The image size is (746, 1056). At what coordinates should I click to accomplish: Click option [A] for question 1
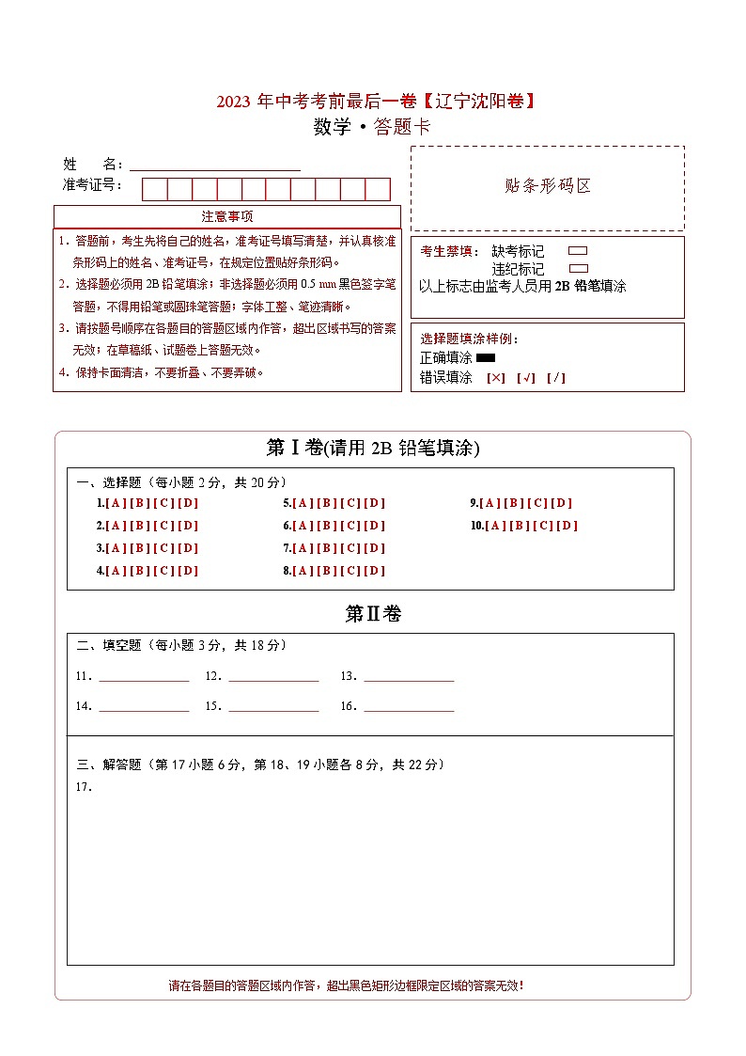point(117,503)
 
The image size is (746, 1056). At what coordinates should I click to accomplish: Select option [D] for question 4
point(188,571)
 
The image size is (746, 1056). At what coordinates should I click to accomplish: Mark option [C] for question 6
point(350,527)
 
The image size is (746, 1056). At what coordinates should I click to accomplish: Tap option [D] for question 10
point(567,526)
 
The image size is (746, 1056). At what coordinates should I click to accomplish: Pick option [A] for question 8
point(303,571)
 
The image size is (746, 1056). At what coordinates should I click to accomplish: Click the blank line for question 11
point(144,676)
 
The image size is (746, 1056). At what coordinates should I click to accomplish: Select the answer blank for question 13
point(409,676)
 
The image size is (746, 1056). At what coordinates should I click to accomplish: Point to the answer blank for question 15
point(273,706)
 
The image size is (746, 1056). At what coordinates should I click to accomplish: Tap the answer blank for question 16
point(409,706)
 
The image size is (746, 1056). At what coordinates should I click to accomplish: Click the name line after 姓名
point(215,165)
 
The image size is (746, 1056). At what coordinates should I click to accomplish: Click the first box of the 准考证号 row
point(154,189)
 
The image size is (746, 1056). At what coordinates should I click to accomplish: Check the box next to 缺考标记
point(579,251)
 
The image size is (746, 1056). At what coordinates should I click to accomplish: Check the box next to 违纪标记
point(579,268)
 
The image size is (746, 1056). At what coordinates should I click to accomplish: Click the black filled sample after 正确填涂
point(486,358)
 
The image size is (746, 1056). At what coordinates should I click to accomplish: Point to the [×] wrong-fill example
point(496,378)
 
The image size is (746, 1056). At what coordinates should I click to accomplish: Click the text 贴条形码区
point(548,186)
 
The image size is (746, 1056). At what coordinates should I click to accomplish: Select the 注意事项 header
point(226,216)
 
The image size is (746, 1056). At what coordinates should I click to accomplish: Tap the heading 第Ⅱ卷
point(373,614)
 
